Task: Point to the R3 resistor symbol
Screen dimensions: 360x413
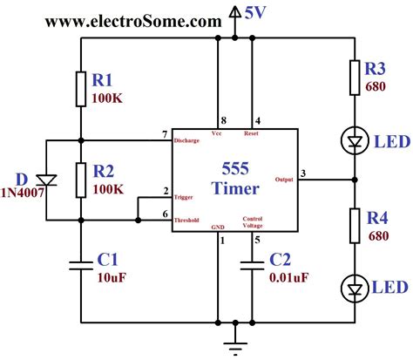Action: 355,77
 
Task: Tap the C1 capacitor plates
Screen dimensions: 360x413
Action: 80,265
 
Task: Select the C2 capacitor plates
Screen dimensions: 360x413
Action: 253,265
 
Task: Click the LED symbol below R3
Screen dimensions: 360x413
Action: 355,140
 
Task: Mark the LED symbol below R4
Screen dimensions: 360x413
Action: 355,288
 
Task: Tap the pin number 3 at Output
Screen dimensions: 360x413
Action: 303,173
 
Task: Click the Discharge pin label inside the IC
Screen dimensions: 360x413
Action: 187,139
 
